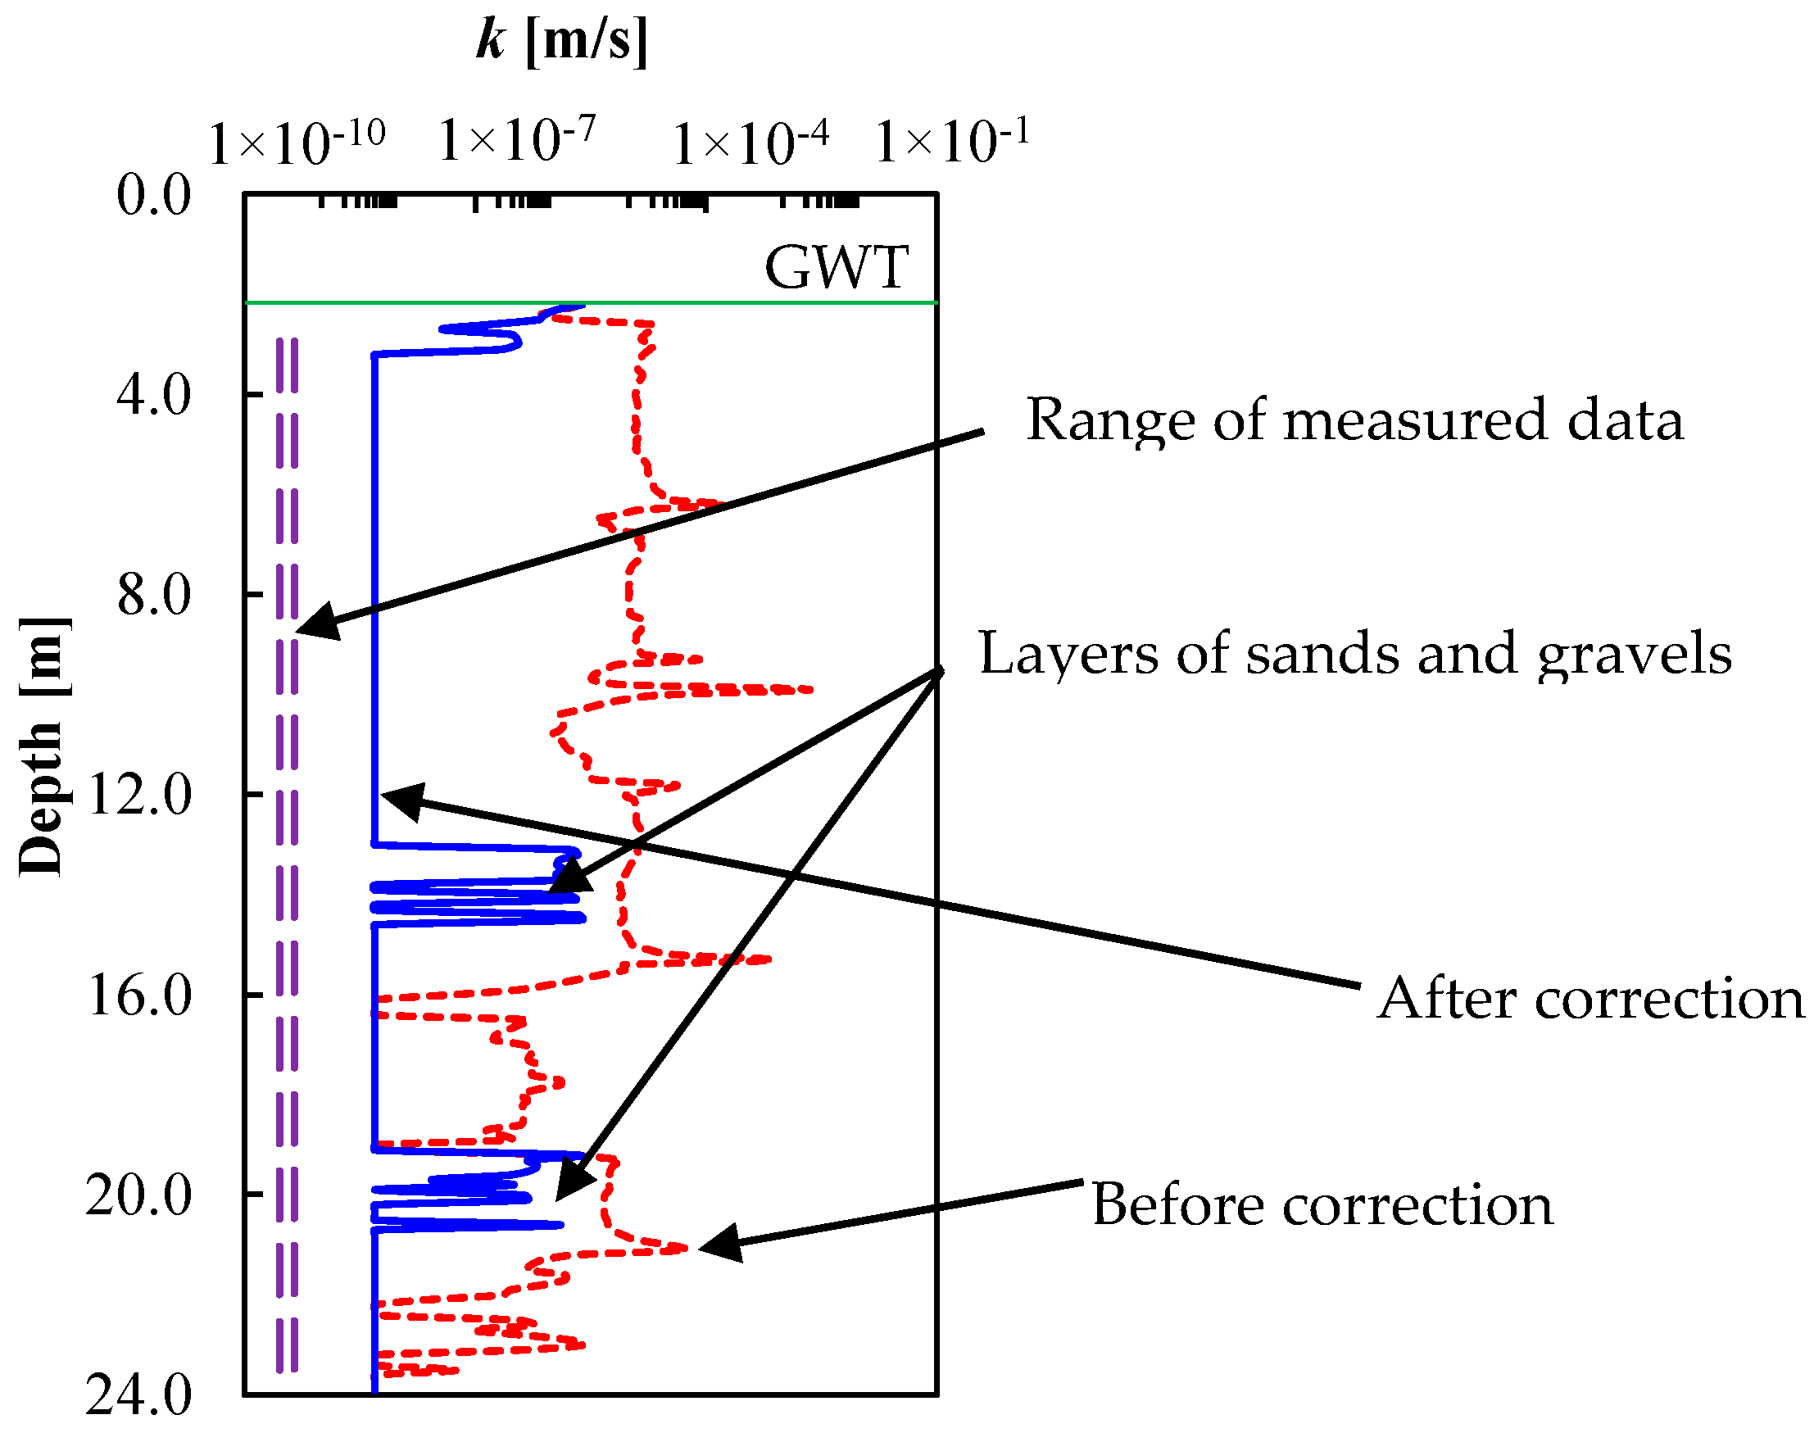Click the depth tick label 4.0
click(x=153, y=394)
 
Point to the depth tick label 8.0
click(x=153, y=595)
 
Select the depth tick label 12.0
click(x=139, y=795)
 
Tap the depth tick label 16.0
click(x=139, y=995)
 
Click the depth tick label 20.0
click(x=139, y=1195)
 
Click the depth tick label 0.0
click(x=153, y=195)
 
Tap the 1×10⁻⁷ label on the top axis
click(x=517, y=139)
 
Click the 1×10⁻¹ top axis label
click(x=952, y=141)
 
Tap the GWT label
click(x=837, y=268)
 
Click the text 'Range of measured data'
click(x=1354, y=419)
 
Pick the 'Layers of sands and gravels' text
click(x=1355, y=654)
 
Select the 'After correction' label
click(x=1590, y=999)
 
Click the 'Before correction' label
click(x=1322, y=1205)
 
